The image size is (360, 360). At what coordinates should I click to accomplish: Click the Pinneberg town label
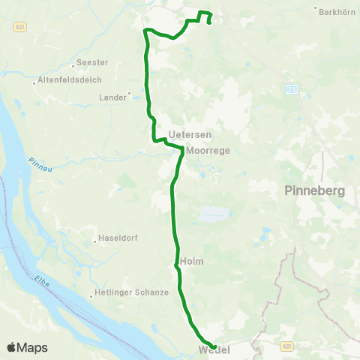315,191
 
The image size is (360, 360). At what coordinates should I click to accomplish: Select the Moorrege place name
208,150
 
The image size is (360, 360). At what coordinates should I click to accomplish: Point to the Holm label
192,261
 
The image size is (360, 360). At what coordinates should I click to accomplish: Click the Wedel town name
213,351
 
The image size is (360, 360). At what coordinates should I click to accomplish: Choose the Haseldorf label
120,241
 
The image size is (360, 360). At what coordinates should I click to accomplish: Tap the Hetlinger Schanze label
132,293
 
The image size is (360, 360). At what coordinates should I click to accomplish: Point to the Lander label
113,97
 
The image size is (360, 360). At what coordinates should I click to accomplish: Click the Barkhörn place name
335,12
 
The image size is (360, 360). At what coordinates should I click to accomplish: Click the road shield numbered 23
292,89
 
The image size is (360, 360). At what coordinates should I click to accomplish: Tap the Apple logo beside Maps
11,347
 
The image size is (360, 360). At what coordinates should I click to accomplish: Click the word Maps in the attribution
32,347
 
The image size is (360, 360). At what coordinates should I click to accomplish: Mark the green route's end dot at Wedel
214,346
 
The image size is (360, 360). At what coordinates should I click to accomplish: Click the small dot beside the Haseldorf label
96,241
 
